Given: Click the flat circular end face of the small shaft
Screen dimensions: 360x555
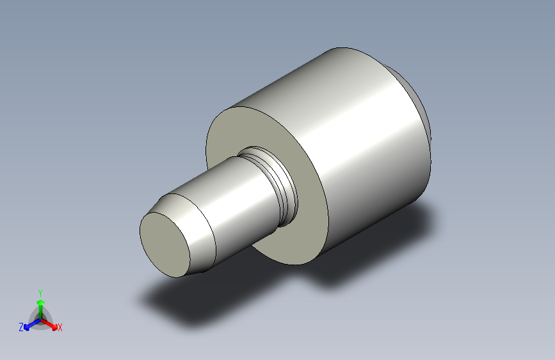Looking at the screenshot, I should pos(165,244).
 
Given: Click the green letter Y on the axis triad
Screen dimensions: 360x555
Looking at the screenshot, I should pos(40,291).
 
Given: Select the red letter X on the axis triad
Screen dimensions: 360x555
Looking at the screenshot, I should pos(60,328).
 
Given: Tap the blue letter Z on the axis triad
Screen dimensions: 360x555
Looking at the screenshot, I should pos(21,327).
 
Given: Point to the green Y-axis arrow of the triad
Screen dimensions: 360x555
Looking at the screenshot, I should pos(40,303).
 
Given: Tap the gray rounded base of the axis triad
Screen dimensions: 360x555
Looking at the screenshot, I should pos(40,318).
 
